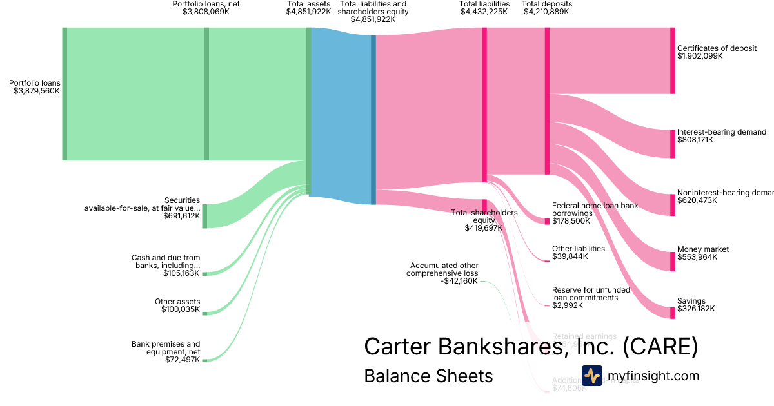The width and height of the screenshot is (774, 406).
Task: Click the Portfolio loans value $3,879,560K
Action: coord(37,92)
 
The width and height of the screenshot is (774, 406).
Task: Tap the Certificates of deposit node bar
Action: coord(672,61)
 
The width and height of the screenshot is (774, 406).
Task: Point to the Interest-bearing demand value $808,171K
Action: coord(695,140)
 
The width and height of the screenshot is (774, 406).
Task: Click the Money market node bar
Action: coord(672,261)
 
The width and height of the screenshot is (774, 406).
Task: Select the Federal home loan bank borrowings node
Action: coord(547,221)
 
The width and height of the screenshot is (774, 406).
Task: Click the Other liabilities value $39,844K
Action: coord(570,256)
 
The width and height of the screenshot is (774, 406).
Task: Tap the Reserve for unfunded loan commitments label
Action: coord(585,293)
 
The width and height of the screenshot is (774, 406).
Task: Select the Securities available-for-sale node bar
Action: coord(204,216)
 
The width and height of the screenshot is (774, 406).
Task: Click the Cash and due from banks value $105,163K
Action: coord(182,273)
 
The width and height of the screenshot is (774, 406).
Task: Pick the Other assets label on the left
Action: coord(177,302)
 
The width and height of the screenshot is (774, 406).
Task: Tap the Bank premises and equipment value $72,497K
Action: coord(183,360)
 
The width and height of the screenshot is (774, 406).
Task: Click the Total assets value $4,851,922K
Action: coord(308,12)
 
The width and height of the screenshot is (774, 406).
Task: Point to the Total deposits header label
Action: coord(546,4)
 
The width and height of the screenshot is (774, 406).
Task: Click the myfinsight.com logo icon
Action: coord(591,376)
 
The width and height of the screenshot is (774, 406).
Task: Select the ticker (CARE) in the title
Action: coord(660,347)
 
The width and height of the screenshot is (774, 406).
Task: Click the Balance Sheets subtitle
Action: coord(428,376)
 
